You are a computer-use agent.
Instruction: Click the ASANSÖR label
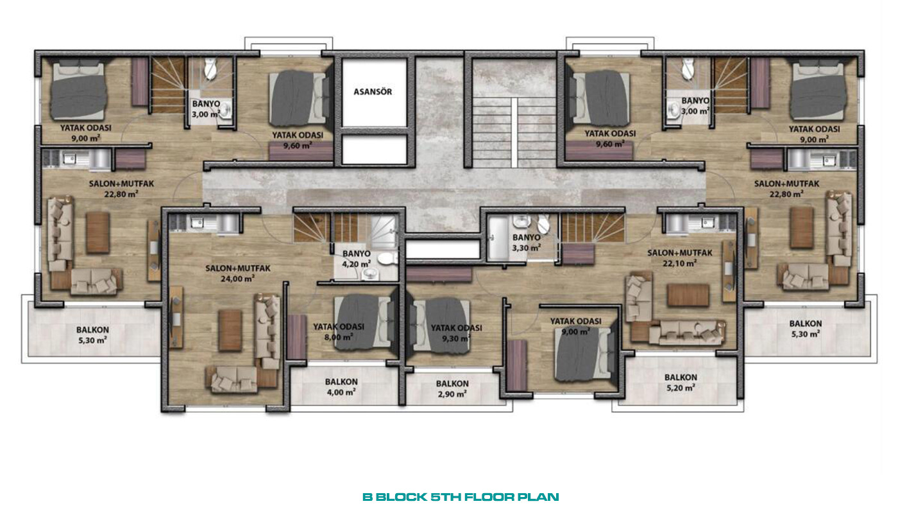[373, 92]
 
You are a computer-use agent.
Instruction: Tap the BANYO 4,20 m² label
[357, 259]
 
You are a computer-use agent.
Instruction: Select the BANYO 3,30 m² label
[527, 243]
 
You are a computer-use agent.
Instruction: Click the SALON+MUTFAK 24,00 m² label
[238, 274]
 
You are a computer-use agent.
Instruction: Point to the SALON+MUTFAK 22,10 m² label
[680, 258]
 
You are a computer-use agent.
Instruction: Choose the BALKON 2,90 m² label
[452, 389]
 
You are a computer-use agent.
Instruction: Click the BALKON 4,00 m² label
[341, 387]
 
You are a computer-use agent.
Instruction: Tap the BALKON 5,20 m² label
[681, 383]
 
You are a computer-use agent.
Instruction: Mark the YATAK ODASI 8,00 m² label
[339, 332]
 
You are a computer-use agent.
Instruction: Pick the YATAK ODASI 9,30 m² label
[456, 333]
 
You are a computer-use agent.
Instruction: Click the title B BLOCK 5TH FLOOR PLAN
[461, 497]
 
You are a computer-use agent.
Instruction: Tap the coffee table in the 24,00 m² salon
[230, 330]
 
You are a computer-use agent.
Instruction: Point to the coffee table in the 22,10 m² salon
[688, 295]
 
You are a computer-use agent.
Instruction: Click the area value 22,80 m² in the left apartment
[121, 194]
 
